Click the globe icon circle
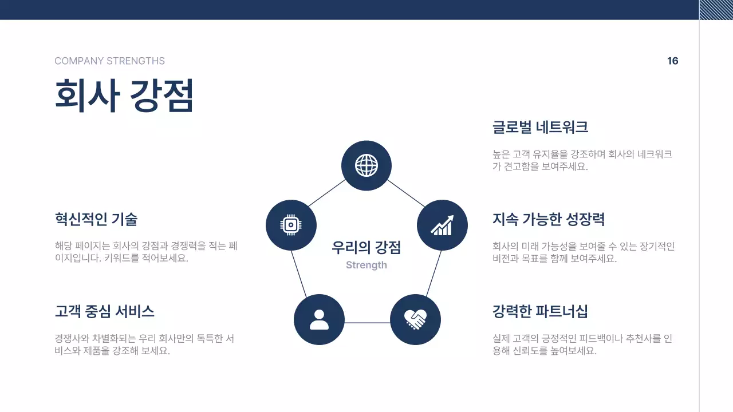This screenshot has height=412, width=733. (x=366, y=166)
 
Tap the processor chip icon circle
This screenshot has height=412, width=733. (x=291, y=225)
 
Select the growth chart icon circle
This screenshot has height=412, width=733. (x=442, y=225)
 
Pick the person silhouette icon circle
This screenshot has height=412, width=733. (x=319, y=319)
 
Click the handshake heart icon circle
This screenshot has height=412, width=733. (x=415, y=319)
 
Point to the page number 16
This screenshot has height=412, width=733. (x=673, y=61)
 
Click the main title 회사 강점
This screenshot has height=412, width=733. (x=124, y=95)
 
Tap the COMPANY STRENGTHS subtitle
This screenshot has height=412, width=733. (x=109, y=61)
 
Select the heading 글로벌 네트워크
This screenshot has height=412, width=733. (x=540, y=127)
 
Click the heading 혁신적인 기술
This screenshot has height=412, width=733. (x=96, y=219)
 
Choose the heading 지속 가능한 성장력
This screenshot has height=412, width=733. (x=549, y=219)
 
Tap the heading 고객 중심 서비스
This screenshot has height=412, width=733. (x=104, y=312)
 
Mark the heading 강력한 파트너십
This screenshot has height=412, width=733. (x=540, y=312)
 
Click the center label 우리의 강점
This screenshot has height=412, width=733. (x=366, y=247)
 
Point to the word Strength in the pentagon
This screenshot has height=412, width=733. (x=366, y=265)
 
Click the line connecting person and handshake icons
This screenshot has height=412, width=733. (x=367, y=323)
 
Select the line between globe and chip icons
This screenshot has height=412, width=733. (x=326, y=193)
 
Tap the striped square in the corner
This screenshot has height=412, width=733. (x=716, y=10)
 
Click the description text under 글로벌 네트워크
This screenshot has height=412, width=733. (x=582, y=160)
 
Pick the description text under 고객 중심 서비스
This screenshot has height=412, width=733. (x=144, y=344)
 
